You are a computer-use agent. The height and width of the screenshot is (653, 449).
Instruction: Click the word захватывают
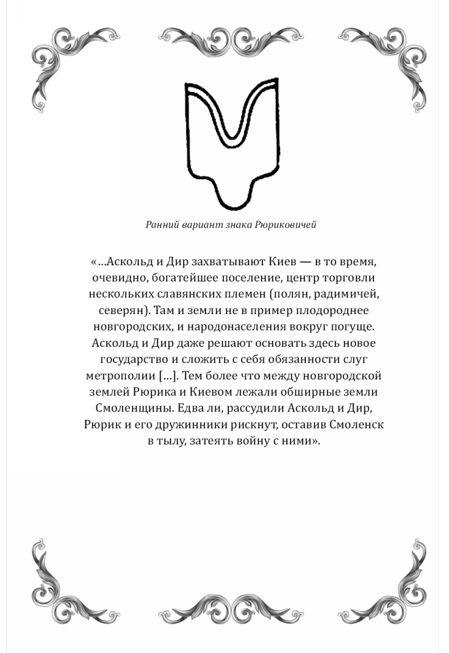[225, 262]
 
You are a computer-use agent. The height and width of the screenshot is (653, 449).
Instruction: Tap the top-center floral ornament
[224, 43]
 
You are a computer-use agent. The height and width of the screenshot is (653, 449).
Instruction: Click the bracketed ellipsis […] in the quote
[166, 377]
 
